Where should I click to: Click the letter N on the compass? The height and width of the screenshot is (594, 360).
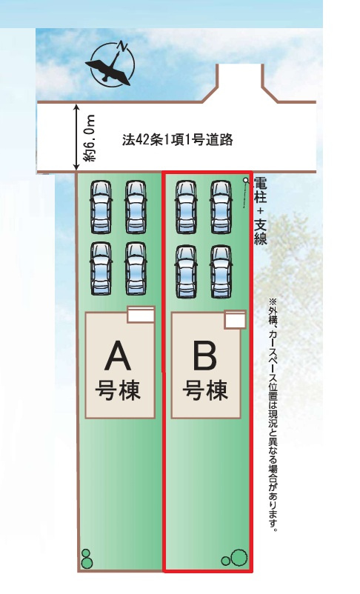click(x=122, y=46)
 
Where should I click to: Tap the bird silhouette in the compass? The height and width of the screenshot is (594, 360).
click(x=109, y=70)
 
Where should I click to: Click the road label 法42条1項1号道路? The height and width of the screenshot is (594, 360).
click(x=177, y=140)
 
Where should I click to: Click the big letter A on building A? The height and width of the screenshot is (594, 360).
click(x=118, y=356)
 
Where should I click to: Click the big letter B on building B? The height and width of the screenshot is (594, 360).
click(x=205, y=356)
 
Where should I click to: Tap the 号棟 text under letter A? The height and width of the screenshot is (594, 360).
click(x=118, y=390)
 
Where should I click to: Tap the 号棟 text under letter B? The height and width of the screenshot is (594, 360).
click(x=205, y=390)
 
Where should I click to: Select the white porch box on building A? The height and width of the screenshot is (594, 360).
click(x=141, y=315)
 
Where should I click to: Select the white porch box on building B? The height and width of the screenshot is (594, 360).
click(x=236, y=320)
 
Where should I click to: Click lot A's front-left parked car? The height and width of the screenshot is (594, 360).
click(x=101, y=207)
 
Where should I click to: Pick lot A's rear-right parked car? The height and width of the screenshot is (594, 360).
click(x=136, y=269)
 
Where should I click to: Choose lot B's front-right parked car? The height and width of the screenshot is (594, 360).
click(x=221, y=207)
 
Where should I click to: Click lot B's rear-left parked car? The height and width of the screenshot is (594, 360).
click(x=186, y=272)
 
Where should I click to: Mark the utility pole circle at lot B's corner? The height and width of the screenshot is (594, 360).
click(x=246, y=179)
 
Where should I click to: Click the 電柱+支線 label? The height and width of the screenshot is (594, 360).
click(x=260, y=210)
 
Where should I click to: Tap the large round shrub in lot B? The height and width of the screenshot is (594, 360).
click(x=239, y=557)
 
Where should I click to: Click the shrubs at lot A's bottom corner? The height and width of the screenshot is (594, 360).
click(x=87, y=558)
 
